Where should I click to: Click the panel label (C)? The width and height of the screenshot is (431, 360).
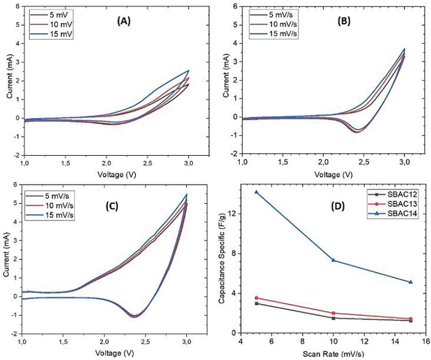click(x=119, y=206)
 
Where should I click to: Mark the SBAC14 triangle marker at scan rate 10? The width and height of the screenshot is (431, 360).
click(x=333, y=260)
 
